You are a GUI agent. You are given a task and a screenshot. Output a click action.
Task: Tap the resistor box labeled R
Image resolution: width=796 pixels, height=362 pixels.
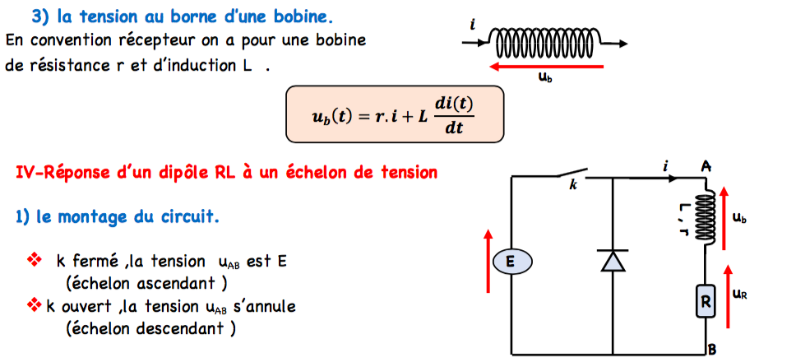click(x=705, y=302)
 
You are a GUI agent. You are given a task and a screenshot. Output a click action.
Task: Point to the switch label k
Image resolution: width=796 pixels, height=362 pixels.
click(x=572, y=186)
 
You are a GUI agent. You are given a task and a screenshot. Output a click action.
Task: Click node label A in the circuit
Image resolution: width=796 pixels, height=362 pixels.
click(x=706, y=166)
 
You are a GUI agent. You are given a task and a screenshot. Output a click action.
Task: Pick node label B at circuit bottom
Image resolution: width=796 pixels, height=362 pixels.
click(x=712, y=350)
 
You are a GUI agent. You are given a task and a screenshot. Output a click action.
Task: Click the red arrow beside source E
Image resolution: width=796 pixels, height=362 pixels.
click(x=488, y=261)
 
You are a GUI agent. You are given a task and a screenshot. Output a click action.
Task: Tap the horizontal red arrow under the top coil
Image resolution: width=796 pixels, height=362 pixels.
click(x=546, y=65)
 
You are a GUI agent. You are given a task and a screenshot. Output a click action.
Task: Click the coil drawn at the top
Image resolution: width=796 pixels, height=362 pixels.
click(x=546, y=39)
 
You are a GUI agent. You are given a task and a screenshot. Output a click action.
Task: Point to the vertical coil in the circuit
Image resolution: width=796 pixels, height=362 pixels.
click(x=705, y=219)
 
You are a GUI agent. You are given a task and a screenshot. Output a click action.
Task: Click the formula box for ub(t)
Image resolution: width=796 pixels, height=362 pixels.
click(x=394, y=114)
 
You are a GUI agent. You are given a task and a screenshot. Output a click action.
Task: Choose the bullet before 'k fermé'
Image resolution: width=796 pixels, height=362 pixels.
click(x=35, y=261)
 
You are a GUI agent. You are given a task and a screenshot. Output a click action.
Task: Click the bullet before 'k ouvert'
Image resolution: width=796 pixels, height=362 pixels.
click(x=34, y=306)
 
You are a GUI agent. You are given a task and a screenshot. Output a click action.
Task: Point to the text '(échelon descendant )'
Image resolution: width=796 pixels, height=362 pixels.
click(x=150, y=327)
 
